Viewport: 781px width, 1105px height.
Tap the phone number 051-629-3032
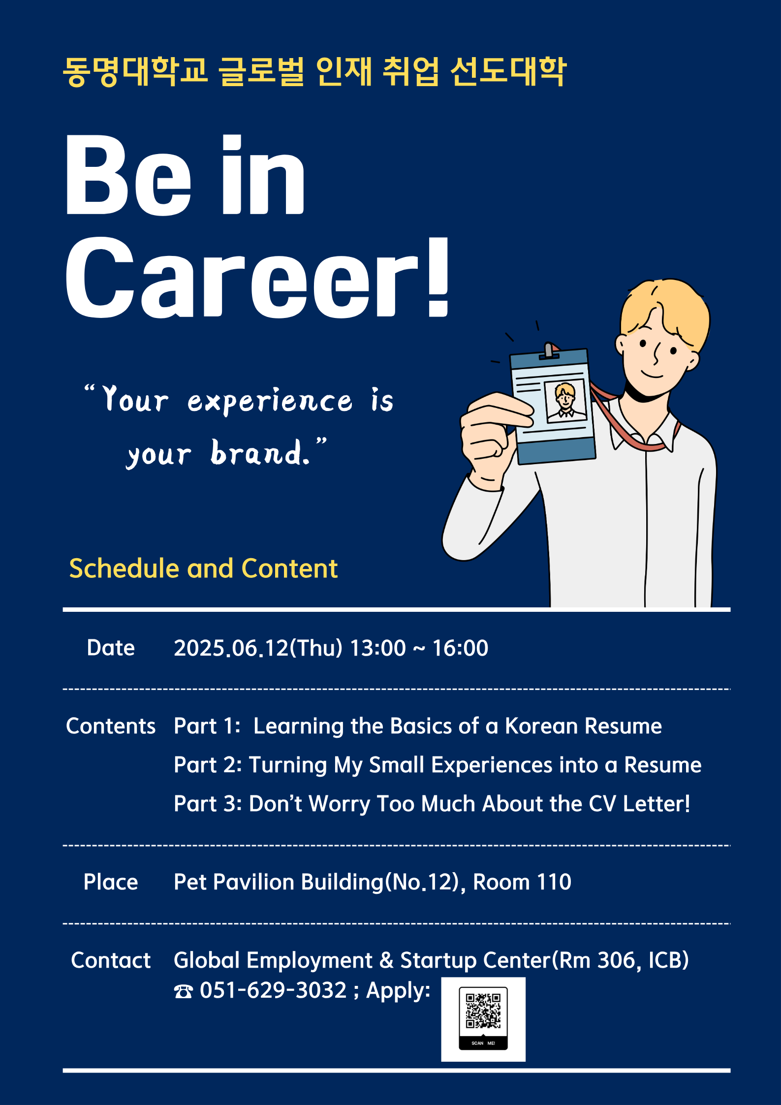click(273, 990)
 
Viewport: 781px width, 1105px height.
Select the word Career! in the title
click(257, 277)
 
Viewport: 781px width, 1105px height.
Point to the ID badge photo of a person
click(565, 401)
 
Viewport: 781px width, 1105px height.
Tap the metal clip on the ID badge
click(549, 351)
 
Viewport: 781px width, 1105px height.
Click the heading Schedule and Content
click(203, 568)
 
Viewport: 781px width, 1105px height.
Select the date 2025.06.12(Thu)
click(258, 648)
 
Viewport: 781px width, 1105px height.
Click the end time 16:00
click(460, 648)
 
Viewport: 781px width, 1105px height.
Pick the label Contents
click(111, 726)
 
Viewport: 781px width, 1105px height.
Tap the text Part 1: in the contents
click(207, 726)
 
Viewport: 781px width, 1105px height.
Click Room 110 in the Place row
click(522, 882)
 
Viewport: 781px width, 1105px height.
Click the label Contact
click(111, 960)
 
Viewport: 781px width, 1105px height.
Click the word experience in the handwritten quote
click(270, 402)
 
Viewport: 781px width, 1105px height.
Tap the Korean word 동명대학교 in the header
click(136, 72)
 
